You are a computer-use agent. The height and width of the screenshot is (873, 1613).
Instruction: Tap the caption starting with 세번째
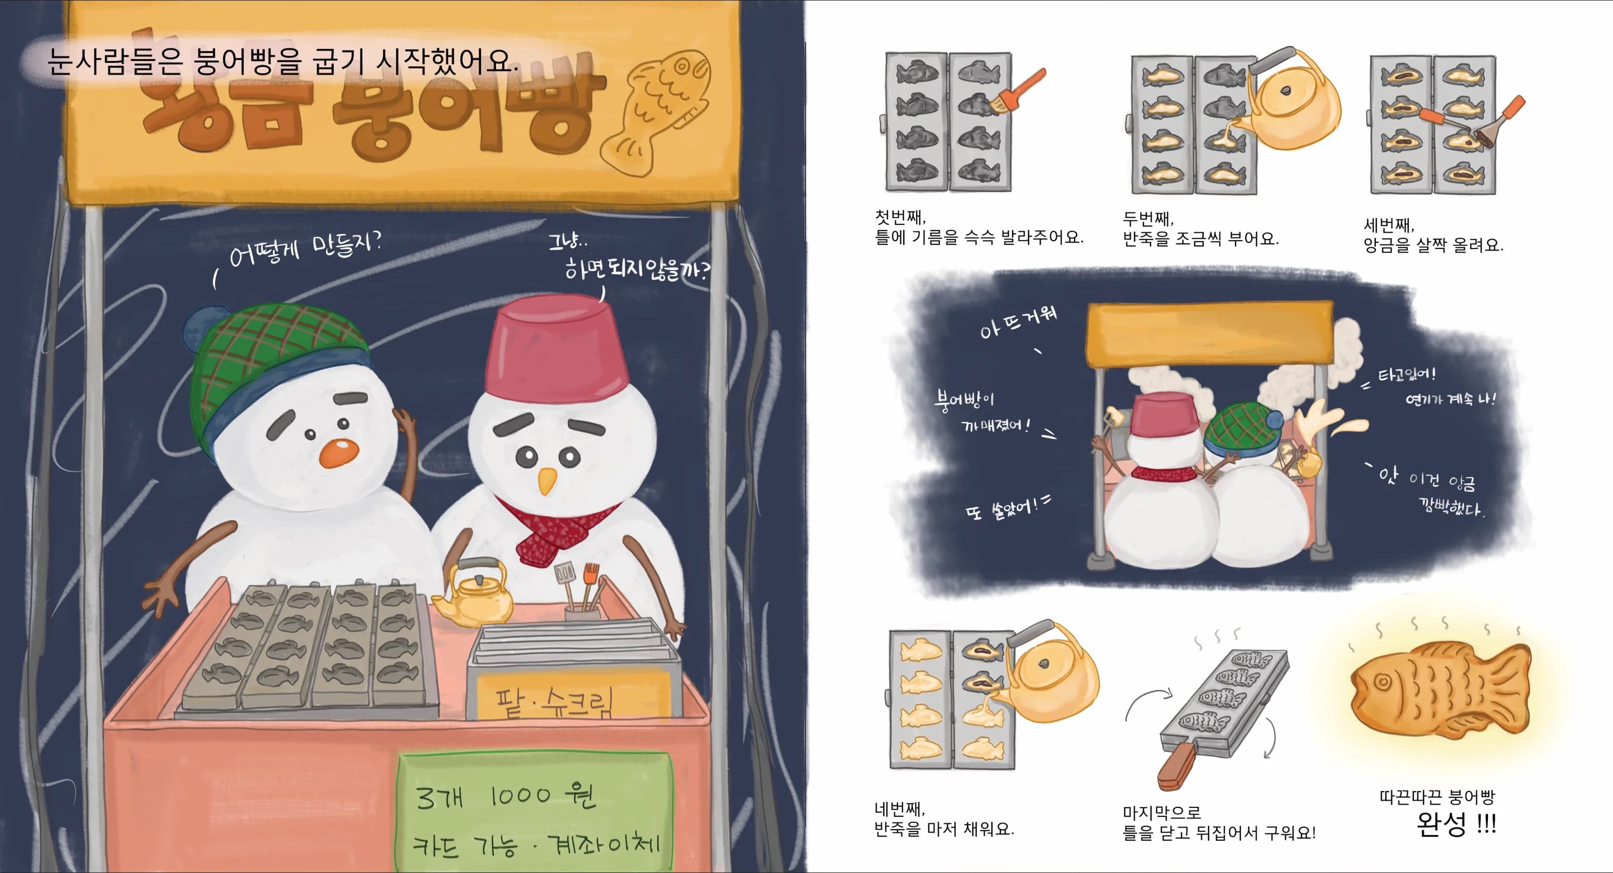coord(1433,235)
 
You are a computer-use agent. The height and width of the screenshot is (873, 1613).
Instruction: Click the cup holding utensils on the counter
coord(582,610)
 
